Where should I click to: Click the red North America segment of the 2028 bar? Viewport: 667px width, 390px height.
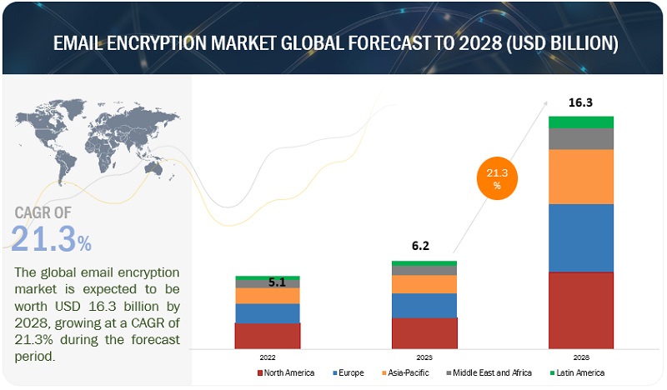click(x=581, y=309)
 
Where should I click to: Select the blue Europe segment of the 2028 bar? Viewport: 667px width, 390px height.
click(x=581, y=237)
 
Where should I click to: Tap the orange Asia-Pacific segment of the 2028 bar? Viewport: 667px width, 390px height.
click(x=581, y=177)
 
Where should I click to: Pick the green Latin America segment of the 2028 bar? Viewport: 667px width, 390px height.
click(x=581, y=122)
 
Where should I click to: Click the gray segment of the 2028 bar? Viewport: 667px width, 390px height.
click(x=581, y=139)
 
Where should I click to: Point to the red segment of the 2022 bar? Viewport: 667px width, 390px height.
click(x=267, y=335)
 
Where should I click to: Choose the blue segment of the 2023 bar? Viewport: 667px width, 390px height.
click(x=424, y=305)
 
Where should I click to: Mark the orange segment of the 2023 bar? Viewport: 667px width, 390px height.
click(x=424, y=284)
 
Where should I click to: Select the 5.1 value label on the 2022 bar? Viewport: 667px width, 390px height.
click(x=277, y=282)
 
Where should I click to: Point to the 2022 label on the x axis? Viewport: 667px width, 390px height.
click(x=267, y=356)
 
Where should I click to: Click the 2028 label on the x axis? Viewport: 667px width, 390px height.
click(x=581, y=356)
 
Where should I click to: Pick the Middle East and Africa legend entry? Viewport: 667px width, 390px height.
click(x=488, y=372)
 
